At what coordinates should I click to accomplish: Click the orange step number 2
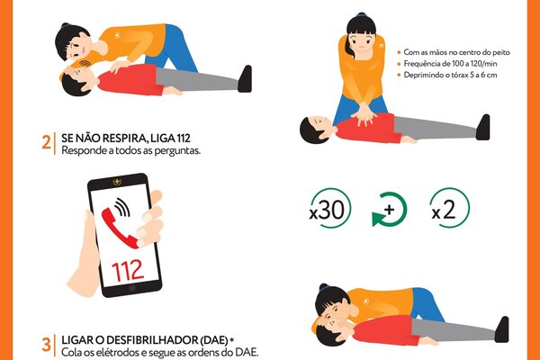46,142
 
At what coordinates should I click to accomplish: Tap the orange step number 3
46,344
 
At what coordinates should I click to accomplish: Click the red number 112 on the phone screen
128,270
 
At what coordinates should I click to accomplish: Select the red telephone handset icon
119,228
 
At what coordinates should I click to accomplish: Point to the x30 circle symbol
330,209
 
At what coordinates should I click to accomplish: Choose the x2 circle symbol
450,209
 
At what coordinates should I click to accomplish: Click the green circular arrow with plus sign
389,209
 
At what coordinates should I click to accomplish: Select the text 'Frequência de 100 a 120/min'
450,63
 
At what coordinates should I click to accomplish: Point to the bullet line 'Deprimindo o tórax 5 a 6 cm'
450,75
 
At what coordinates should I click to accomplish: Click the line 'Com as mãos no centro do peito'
456,52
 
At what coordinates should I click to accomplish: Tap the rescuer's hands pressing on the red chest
364,114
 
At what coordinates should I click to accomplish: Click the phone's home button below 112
131,288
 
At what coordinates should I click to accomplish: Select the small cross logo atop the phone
117,182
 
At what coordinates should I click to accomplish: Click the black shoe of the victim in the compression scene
483,127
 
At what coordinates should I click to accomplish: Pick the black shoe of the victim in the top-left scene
245,78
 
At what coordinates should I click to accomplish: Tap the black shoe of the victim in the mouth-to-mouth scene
502,329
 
